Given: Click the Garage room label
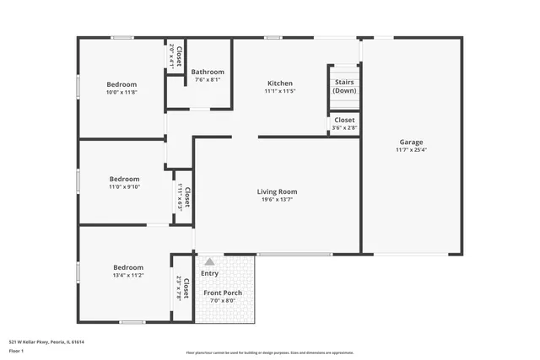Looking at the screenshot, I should click(x=411, y=142).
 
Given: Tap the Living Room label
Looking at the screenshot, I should click(x=277, y=192).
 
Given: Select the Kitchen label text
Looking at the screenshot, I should click(x=280, y=83).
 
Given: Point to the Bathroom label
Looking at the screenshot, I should click(x=207, y=73).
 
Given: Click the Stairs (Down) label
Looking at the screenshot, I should click(x=344, y=86).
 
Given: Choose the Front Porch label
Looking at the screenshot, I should click(x=223, y=293).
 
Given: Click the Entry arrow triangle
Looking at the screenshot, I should click(x=209, y=262).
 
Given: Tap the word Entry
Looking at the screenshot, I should click(x=209, y=273).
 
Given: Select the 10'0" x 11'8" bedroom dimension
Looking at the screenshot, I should click(x=121, y=93).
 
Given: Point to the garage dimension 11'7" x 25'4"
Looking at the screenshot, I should click(x=411, y=150).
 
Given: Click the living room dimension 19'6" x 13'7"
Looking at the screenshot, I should click(x=277, y=201).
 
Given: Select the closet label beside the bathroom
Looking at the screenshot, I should click(x=175, y=55).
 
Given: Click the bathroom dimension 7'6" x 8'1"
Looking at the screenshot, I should click(x=207, y=80).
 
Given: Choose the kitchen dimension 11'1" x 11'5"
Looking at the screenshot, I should click(x=280, y=91).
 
